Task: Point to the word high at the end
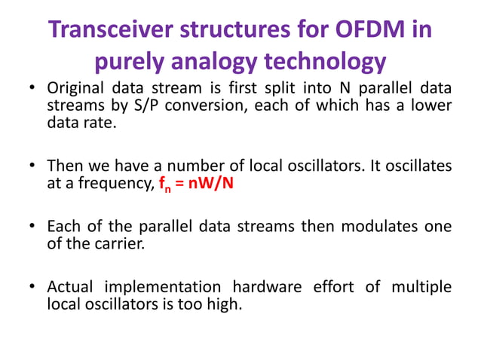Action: pos(225,305)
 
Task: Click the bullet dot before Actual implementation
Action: pos(33,288)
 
